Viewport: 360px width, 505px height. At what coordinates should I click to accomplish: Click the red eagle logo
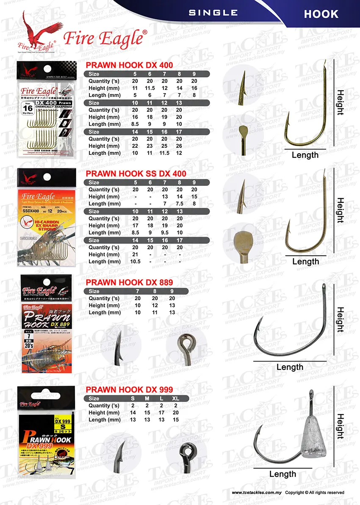click(37, 31)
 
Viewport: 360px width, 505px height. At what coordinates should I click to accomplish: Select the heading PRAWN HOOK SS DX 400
click(136, 174)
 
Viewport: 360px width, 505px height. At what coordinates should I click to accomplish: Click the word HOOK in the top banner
click(321, 14)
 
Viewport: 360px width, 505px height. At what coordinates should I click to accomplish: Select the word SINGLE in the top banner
click(213, 13)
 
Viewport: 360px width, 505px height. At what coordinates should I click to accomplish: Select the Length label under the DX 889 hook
click(290, 367)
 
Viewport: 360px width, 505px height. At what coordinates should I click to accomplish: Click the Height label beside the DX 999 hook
click(340, 426)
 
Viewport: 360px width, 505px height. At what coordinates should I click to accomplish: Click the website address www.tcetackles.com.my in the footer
click(257, 493)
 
